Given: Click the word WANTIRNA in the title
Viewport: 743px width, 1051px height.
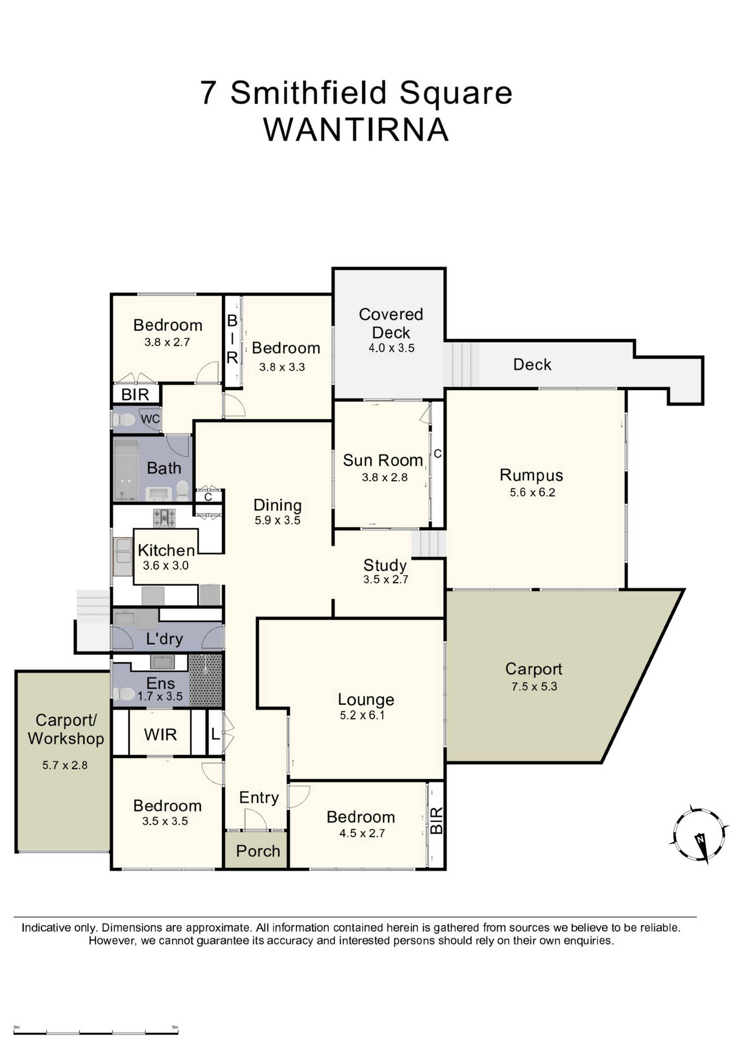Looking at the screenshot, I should click(x=356, y=130).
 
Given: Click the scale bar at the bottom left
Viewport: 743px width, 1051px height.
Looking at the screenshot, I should click(x=96, y=1032).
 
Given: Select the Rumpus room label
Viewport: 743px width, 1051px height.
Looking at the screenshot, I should click(x=531, y=475).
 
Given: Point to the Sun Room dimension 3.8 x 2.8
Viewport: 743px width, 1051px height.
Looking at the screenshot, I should click(x=385, y=477).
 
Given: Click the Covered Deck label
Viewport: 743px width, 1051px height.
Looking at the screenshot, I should click(x=391, y=323).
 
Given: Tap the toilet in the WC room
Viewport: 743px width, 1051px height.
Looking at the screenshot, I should click(x=125, y=420).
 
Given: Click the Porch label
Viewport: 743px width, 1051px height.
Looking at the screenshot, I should click(x=258, y=851).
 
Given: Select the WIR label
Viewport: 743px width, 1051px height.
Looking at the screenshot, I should click(x=160, y=734).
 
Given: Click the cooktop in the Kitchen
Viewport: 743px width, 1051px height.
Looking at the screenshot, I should click(x=164, y=518).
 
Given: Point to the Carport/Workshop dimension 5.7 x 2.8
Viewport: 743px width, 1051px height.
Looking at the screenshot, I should click(x=65, y=765).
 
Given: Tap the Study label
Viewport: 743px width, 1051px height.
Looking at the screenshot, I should click(x=385, y=565).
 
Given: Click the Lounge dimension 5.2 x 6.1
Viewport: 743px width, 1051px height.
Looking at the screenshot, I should click(x=362, y=715).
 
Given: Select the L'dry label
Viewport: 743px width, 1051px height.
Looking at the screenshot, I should click(x=164, y=639).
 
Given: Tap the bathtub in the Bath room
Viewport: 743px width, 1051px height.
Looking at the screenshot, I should click(x=125, y=470).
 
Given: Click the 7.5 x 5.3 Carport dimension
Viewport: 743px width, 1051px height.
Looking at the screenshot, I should click(x=534, y=686).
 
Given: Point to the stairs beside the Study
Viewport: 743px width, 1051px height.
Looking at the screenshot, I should click(x=428, y=544).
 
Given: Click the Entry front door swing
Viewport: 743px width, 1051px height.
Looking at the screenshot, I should click(x=256, y=819).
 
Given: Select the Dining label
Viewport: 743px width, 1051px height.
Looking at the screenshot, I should click(x=277, y=505).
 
